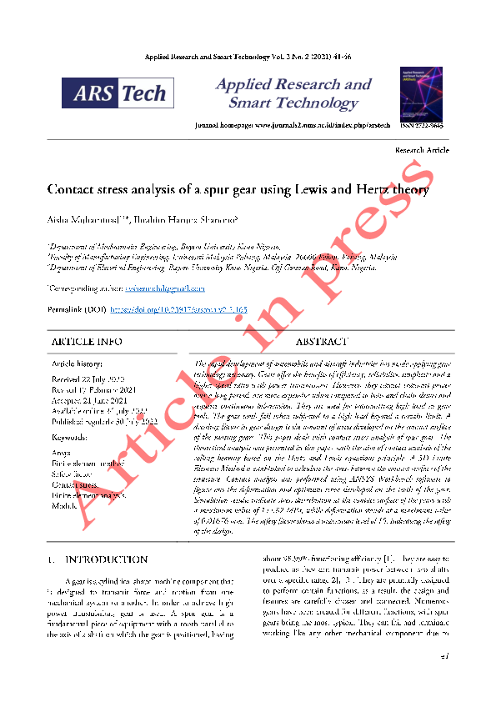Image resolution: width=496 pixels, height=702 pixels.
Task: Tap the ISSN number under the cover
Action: click(421, 124)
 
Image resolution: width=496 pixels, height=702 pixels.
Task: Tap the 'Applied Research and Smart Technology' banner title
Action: click(293, 93)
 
